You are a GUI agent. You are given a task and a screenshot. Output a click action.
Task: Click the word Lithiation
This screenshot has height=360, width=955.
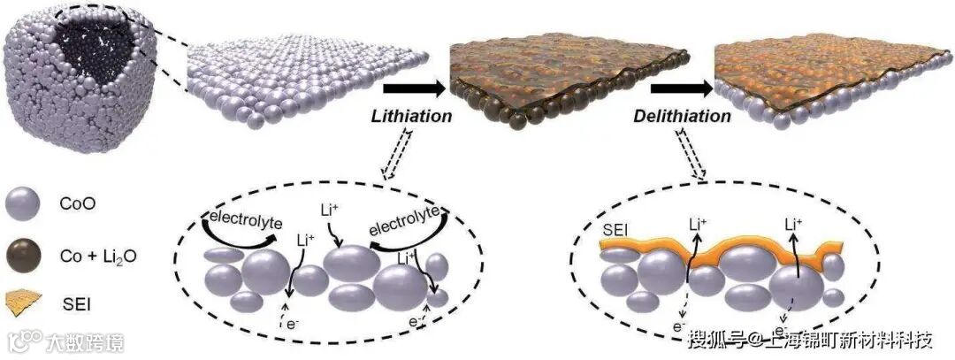pos(411,116)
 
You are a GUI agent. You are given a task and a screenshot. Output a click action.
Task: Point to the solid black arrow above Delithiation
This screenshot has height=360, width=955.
pos(683,88)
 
